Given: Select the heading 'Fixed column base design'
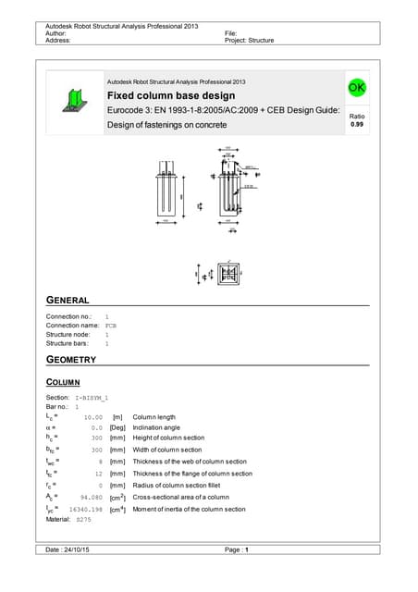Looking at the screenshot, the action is coord(171,96).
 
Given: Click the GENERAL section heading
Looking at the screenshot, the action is coord(68,301).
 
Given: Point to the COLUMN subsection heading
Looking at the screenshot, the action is coord(63,382).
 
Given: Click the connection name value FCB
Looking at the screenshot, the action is coord(111,326).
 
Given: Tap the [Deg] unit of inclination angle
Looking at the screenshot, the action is coord(117,427).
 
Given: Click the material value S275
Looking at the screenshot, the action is coord(84,520).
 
